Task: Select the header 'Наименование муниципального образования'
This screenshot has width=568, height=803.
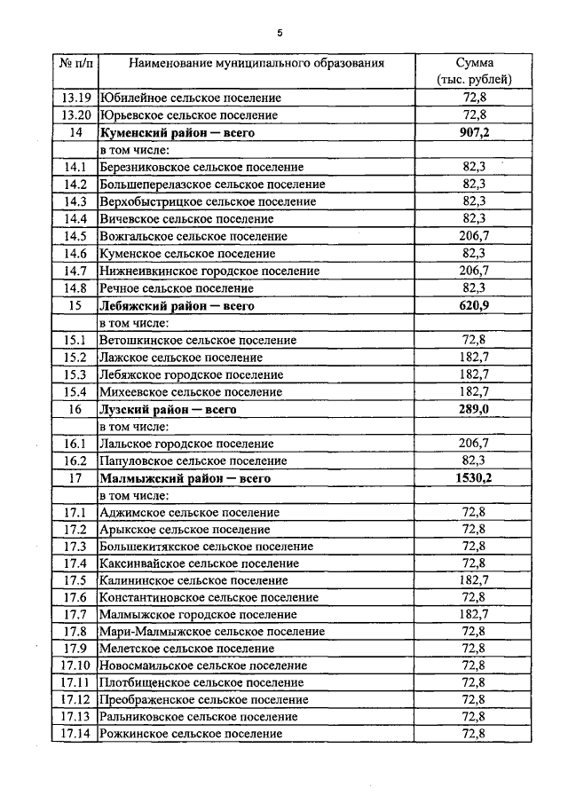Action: pos(256,64)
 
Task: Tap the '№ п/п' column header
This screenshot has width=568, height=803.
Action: pos(75,64)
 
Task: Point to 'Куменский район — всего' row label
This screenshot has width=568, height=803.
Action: pos(177,132)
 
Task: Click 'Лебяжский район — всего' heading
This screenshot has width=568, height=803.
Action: pos(177,305)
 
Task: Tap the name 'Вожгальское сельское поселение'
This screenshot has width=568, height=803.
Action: pos(193,236)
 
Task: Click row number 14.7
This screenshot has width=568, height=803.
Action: pos(75,271)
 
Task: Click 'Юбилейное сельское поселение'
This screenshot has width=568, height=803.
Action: pos(190,98)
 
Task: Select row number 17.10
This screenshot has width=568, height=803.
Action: pos(75,665)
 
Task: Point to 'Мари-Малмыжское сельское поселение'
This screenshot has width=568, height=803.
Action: pos(212,631)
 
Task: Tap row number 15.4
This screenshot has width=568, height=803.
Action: pos(75,391)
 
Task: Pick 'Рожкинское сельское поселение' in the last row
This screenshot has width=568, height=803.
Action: pos(191,734)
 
